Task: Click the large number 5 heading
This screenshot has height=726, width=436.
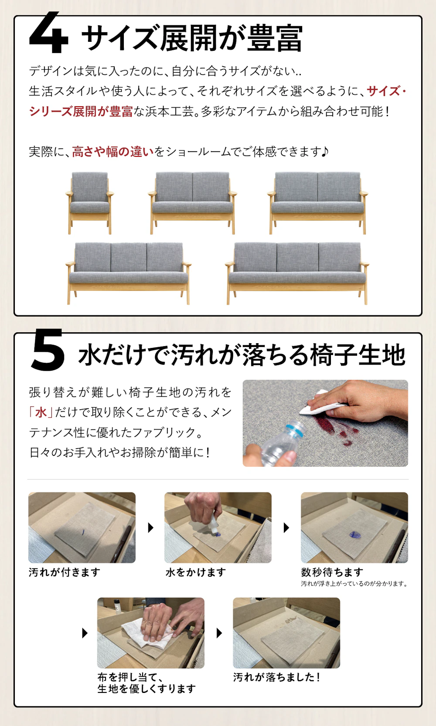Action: pyautogui.click(x=48, y=350)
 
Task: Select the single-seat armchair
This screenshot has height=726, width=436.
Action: pyautogui.click(x=89, y=202)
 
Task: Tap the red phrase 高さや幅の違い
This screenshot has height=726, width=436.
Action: pyautogui.click(x=113, y=152)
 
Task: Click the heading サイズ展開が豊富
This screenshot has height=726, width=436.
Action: pyautogui.click(x=192, y=38)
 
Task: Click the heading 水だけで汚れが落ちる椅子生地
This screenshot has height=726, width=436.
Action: pyautogui.click(x=242, y=355)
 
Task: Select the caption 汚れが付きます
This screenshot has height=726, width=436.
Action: pyautogui.click(x=65, y=572)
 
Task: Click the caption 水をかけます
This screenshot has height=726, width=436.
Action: pyautogui.click(x=196, y=572)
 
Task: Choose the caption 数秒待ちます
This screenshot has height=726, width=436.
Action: pyautogui.click(x=332, y=572)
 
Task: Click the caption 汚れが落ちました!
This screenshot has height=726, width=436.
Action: pyautogui.click(x=277, y=677)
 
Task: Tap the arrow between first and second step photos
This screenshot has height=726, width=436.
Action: pyautogui.click(x=150, y=528)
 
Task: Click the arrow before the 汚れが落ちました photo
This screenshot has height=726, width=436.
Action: pyautogui.click(x=219, y=633)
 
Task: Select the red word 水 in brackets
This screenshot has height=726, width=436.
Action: pyautogui.click(x=41, y=412)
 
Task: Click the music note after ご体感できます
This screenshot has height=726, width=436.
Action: pyautogui.click(x=325, y=152)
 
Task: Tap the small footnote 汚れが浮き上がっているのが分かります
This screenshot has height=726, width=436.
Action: pyautogui.click(x=354, y=584)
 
